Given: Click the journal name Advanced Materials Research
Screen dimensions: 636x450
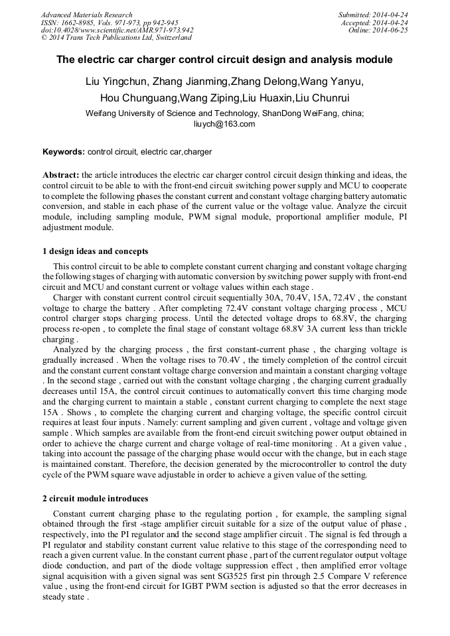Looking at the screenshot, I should click(x=86, y=15).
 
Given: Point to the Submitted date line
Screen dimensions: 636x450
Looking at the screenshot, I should click(x=373, y=15).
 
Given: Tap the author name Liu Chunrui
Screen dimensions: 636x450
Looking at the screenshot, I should click(x=335, y=98).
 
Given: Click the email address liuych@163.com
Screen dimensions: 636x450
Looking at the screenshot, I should click(x=224, y=123).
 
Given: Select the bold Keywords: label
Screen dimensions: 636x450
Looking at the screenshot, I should click(x=64, y=152).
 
